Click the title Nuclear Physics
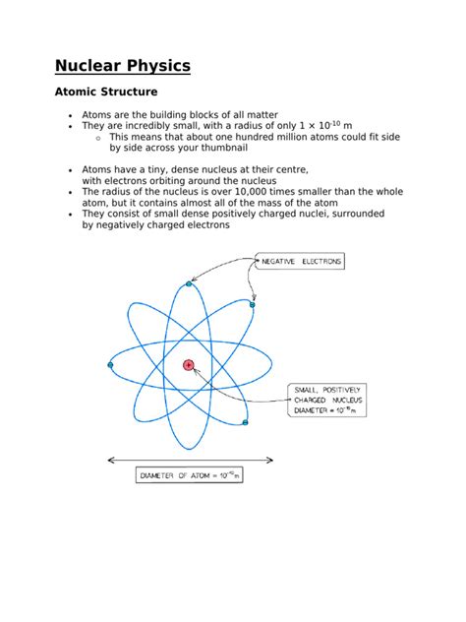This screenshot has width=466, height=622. pyautogui.click(x=122, y=67)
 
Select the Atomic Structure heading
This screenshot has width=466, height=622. pyautogui.click(x=106, y=92)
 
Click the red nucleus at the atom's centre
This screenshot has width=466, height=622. pyautogui.click(x=189, y=365)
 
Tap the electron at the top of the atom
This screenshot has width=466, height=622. pyautogui.click(x=189, y=283)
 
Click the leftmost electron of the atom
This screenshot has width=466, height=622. pyautogui.click(x=109, y=365)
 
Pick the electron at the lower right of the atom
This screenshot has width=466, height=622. pyautogui.click(x=245, y=423)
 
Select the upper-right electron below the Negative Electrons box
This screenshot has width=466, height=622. pyautogui.click(x=253, y=304)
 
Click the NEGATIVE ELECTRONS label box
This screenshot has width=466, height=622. pyautogui.click(x=299, y=261)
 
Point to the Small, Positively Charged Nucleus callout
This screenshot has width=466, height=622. pyautogui.click(x=327, y=401)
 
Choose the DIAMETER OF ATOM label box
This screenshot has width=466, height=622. pyautogui.click(x=190, y=476)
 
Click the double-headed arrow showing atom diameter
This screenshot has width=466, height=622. pyautogui.click(x=190, y=459)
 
